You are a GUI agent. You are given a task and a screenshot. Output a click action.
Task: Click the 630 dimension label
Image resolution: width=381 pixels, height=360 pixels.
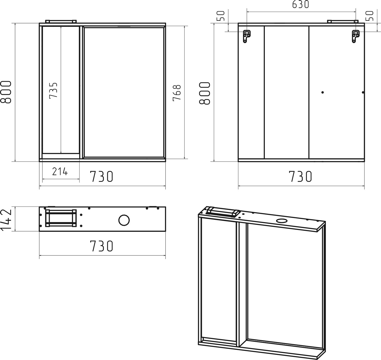[301, 4]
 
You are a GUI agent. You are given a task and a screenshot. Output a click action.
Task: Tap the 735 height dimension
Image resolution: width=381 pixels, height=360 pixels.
[53, 91]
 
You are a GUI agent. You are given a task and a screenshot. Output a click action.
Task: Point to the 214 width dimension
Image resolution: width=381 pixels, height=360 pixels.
[60, 172]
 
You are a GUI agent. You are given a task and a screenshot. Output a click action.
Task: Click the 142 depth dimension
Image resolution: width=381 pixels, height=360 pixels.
[6, 219]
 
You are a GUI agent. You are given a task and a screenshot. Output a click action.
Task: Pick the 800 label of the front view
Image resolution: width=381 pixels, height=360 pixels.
[6, 92]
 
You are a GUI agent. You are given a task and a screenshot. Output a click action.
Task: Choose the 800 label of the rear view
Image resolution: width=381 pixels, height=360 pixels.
[205, 93]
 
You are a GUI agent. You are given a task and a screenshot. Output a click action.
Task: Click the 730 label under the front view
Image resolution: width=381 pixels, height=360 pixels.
[101, 176]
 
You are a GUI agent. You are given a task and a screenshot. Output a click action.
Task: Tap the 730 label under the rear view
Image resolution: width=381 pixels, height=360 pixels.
[300, 176]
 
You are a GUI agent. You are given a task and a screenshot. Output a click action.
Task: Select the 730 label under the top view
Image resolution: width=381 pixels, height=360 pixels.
[101, 246]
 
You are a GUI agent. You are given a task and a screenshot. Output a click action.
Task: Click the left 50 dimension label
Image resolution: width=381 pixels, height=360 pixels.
[221, 16]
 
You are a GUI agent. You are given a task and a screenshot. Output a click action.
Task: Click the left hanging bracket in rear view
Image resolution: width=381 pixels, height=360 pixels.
[247, 36]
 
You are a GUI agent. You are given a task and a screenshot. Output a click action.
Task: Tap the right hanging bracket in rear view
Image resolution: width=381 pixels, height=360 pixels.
[356, 36]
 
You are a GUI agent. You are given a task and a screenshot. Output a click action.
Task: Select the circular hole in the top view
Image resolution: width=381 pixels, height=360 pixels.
[124, 220]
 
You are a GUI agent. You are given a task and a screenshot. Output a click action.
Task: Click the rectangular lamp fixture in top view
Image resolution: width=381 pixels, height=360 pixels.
[61, 218]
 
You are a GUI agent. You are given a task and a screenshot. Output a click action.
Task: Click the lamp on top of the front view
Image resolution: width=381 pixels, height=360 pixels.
[61, 21]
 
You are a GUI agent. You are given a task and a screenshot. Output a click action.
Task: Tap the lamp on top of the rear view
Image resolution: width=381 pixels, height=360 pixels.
[343, 21]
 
